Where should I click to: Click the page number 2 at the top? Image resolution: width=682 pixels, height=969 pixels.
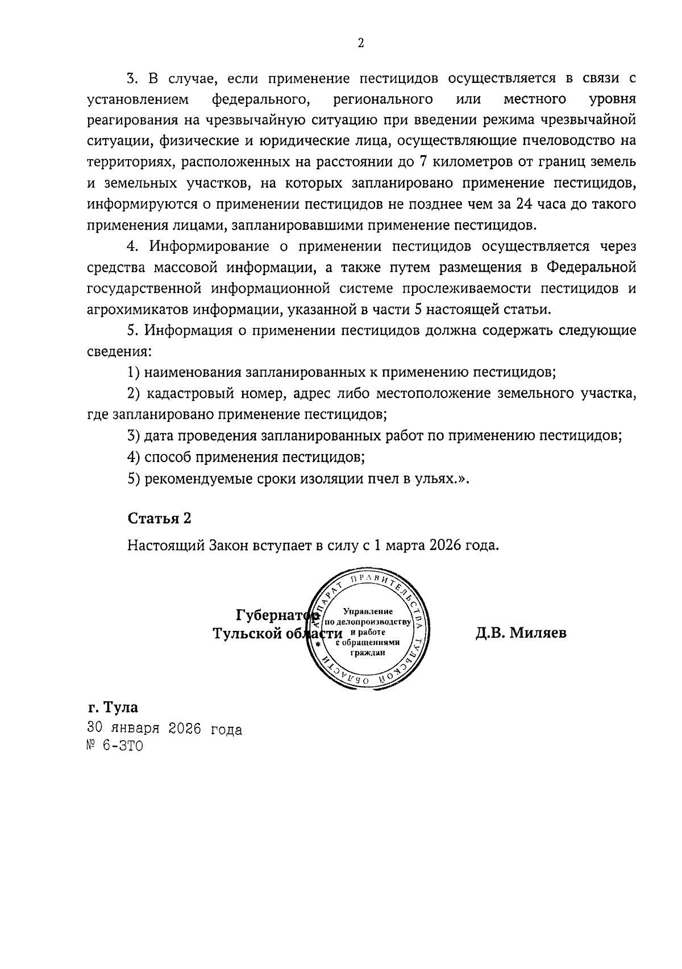360,43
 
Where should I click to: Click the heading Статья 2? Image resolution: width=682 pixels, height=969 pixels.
159,518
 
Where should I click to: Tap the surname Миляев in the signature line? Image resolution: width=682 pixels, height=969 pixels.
538,633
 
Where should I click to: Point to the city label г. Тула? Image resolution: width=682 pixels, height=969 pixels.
113,708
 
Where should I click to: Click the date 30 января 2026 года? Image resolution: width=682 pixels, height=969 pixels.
165,729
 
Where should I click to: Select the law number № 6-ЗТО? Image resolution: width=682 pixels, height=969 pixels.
115,746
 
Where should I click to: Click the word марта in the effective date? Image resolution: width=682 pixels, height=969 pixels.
403,546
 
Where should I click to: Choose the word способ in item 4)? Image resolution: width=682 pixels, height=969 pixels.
165,457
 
